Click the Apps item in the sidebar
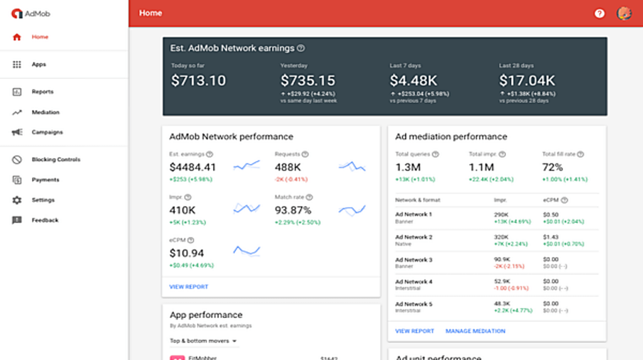(x=38, y=65)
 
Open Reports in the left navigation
(x=42, y=92)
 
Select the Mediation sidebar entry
(x=45, y=112)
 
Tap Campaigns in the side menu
(x=47, y=133)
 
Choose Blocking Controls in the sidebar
(x=55, y=160)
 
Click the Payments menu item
(x=45, y=180)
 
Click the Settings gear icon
(x=17, y=200)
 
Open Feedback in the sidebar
(x=45, y=221)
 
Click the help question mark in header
(x=600, y=13)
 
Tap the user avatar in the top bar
(x=624, y=13)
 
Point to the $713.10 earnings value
(x=198, y=80)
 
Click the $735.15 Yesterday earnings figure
(x=308, y=80)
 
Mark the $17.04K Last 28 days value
(x=527, y=80)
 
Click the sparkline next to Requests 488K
(x=352, y=166)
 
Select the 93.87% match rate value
(x=293, y=210)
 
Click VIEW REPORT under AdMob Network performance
(x=188, y=287)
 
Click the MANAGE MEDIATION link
(x=475, y=331)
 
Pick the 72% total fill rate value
(x=553, y=167)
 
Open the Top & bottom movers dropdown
(x=203, y=341)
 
